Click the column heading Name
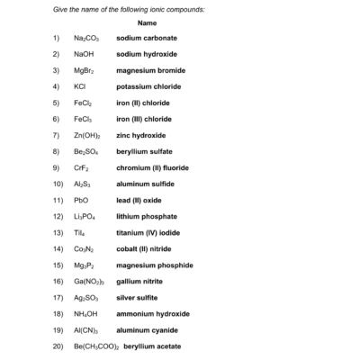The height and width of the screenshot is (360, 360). pos(150,22)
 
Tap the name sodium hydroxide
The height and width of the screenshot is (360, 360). pos(147,55)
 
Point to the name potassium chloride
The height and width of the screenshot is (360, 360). pos(148,87)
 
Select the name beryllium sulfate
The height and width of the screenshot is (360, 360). pos(145,151)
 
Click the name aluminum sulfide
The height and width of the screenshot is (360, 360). pos(146,184)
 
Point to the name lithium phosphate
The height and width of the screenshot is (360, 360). pos(147,216)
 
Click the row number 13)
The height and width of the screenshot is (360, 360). pos(56,232)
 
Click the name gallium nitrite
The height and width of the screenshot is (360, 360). pos(139,281)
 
